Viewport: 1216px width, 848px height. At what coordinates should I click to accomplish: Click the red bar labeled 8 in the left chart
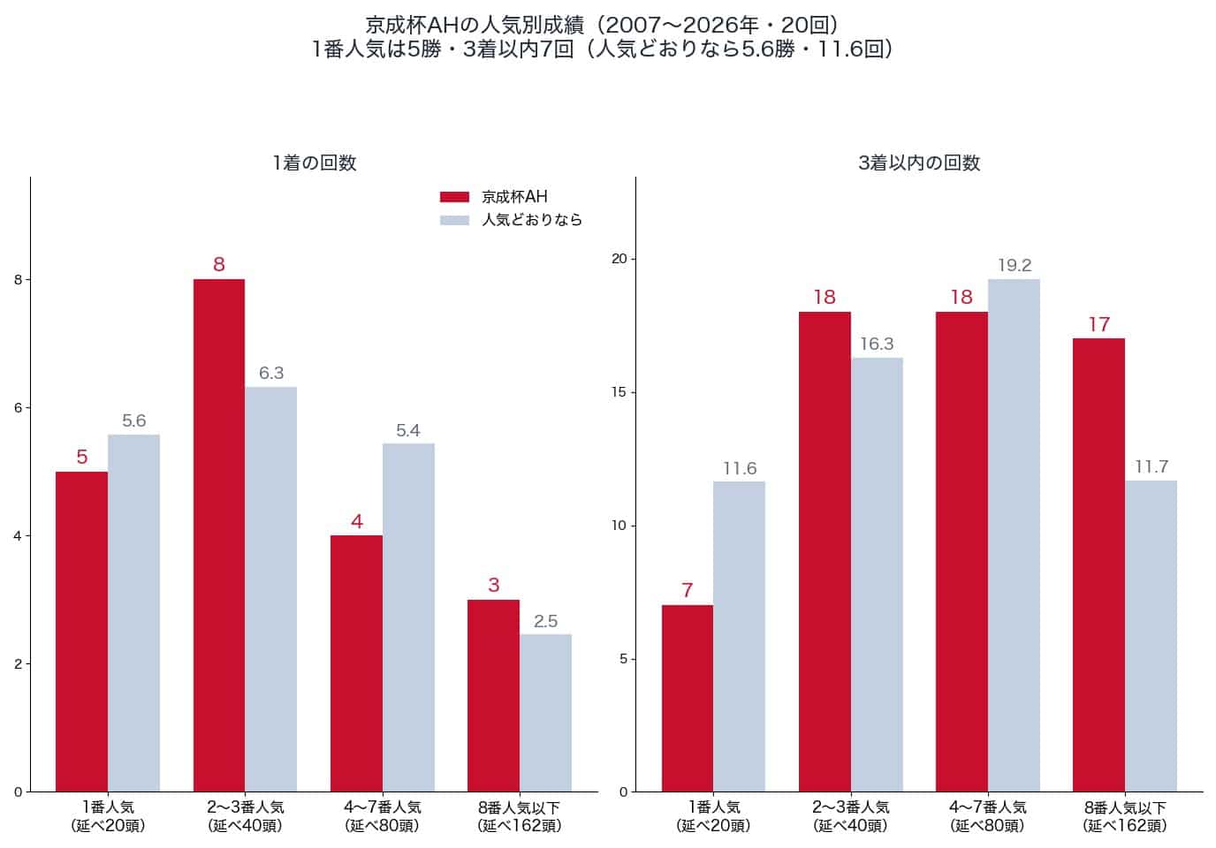219,535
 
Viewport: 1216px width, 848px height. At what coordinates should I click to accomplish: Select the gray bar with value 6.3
271,589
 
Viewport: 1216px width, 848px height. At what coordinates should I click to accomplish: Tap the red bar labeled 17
1098,565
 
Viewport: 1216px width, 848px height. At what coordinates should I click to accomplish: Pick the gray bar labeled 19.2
1014,535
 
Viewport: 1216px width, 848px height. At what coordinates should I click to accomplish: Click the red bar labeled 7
688,699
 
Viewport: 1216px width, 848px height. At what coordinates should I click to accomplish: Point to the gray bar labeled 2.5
545,713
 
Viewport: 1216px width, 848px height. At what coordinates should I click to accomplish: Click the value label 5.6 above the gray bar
134,420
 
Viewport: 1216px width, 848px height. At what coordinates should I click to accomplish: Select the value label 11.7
1151,466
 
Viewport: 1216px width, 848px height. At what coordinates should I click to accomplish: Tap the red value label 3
493,585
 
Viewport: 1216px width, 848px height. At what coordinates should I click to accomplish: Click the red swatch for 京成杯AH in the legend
454,197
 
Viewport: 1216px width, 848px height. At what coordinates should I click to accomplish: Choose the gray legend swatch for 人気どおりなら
454,220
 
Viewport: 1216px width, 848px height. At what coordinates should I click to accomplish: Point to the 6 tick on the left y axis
19,408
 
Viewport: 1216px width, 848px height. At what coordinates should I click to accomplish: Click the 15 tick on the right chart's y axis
619,392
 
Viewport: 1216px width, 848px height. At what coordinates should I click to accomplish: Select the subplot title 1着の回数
315,163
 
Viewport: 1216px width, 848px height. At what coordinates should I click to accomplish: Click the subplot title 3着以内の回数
919,163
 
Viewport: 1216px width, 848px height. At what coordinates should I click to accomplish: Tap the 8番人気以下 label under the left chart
519,807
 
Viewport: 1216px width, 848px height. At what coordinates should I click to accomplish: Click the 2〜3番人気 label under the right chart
851,807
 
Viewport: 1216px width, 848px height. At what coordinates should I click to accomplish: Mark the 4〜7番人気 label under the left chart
382,807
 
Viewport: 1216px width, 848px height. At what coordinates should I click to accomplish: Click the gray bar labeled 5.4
408,618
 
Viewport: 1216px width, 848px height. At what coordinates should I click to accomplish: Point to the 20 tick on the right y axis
619,259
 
